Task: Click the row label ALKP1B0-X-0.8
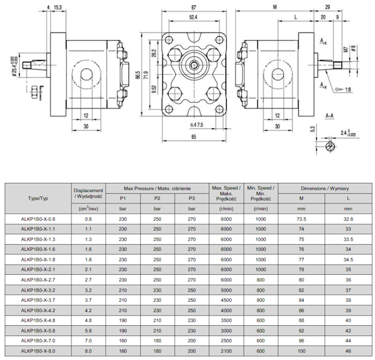(x=38, y=220)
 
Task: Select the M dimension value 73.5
(x=301, y=220)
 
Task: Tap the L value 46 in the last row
(x=347, y=350)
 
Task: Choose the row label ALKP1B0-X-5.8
(x=38, y=330)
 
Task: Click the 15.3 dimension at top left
(x=58, y=8)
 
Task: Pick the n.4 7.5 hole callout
(x=196, y=124)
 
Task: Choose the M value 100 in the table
(x=301, y=350)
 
